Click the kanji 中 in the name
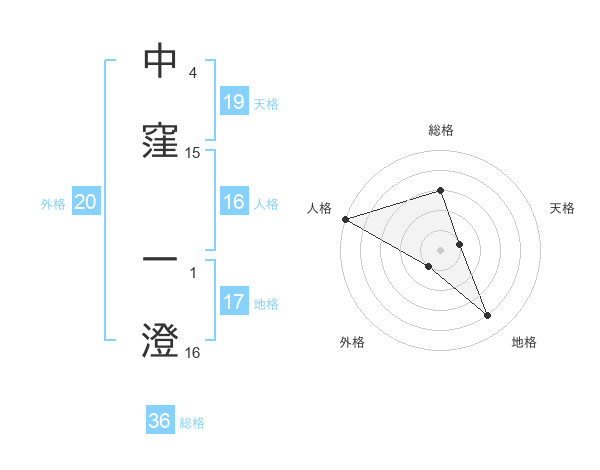(x=160, y=61)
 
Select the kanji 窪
(x=160, y=141)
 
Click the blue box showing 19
(x=233, y=102)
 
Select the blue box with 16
(x=233, y=203)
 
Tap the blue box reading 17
(x=233, y=302)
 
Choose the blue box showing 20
(x=86, y=203)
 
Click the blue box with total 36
(x=160, y=421)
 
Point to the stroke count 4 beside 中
(x=192, y=74)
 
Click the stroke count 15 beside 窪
(x=193, y=153)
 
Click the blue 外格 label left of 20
(x=53, y=204)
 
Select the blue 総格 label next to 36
(x=192, y=423)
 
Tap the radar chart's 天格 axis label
(x=563, y=208)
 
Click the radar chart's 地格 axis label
(x=524, y=342)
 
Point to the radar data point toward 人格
(x=345, y=219)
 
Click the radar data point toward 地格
(x=488, y=316)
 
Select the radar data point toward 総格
(x=440, y=190)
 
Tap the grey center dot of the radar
(x=440, y=249)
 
